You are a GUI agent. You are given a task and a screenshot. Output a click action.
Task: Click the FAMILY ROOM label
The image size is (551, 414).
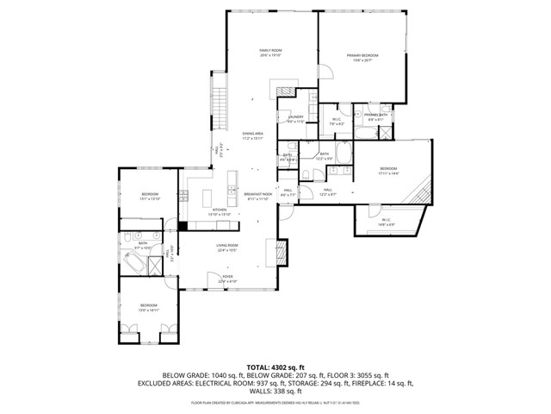271,51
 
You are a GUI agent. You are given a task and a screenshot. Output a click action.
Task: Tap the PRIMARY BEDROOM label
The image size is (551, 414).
362,55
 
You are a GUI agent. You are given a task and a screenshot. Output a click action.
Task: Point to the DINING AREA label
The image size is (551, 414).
252,134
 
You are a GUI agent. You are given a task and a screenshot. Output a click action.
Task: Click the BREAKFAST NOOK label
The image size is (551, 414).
257,194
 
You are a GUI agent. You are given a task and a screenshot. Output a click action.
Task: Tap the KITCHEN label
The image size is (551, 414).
220,210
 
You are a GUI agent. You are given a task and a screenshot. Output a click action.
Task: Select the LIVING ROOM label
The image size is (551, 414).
227,246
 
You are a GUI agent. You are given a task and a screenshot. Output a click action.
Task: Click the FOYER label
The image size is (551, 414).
226,277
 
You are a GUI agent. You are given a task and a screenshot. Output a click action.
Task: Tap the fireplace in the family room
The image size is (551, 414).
282,89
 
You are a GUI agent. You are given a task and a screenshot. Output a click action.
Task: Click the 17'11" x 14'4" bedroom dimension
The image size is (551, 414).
388,174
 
